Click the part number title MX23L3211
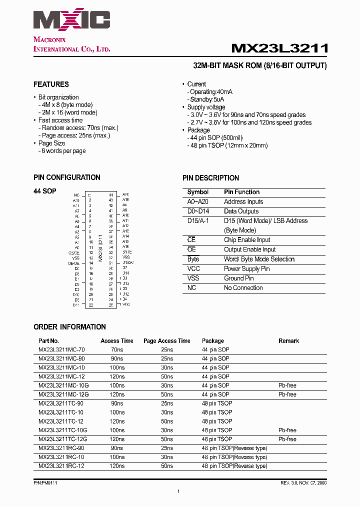tap(279, 48)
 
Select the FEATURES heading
tap(51, 84)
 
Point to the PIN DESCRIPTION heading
tap(210, 178)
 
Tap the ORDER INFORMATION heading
tap(69, 327)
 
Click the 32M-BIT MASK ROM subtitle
tap(259, 65)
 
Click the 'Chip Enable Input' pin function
tap(246, 240)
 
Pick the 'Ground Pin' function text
tap(238, 278)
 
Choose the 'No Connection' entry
tap(243, 287)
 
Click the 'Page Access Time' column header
tap(166, 341)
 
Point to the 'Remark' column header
tap(288, 341)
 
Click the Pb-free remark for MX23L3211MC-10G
tap(287, 385)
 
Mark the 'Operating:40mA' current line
tap(211, 92)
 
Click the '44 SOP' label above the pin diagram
tap(45, 191)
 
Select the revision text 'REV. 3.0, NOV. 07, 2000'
tap(303, 483)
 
